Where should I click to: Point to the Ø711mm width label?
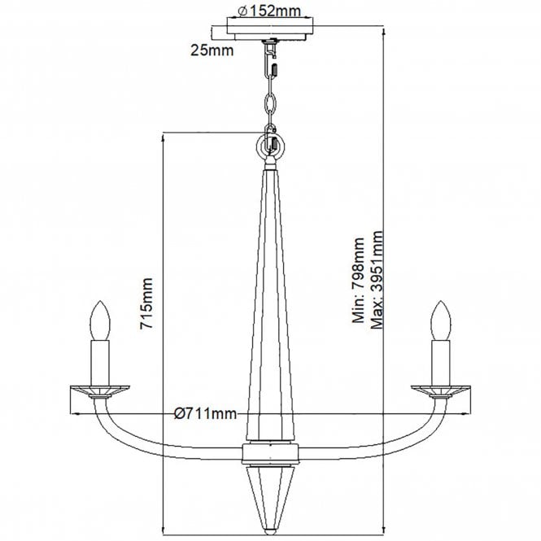pyautogui.click(x=206, y=413)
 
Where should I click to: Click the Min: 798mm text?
pyautogui.click(x=359, y=281)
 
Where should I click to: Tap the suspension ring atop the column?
pyautogui.click(x=270, y=147)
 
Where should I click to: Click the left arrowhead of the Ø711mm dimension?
pyautogui.click(x=79, y=413)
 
